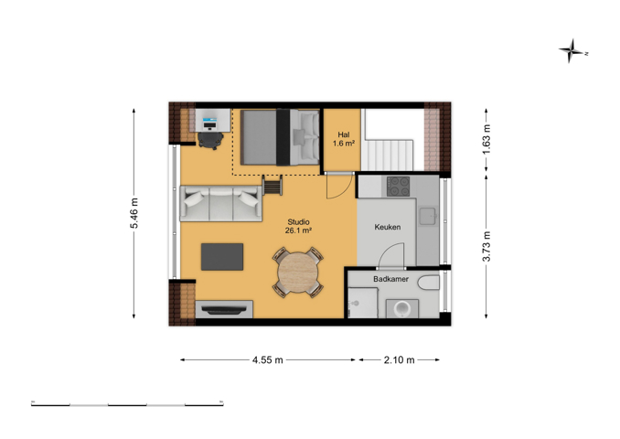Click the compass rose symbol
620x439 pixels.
point(572,50)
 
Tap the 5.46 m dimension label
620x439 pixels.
point(134,213)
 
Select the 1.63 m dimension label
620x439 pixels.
point(486,140)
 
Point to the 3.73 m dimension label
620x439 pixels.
point(486,246)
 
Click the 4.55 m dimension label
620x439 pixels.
point(268,360)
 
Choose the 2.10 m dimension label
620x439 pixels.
point(399,360)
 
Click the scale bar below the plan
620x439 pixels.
point(127,404)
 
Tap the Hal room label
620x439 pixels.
point(343,134)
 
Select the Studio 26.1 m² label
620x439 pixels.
point(298,226)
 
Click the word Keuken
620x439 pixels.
point(388,227)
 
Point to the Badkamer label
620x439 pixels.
point(390,279)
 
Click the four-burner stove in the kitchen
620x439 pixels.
point(398,187)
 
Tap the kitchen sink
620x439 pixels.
point(427,217)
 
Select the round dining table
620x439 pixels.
point(298,273)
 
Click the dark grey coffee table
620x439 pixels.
point(222,257)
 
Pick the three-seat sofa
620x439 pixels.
point(220,203)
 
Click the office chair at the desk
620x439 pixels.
point(210,141)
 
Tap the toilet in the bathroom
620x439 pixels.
point(429,283)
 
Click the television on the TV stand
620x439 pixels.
point(224,310)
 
